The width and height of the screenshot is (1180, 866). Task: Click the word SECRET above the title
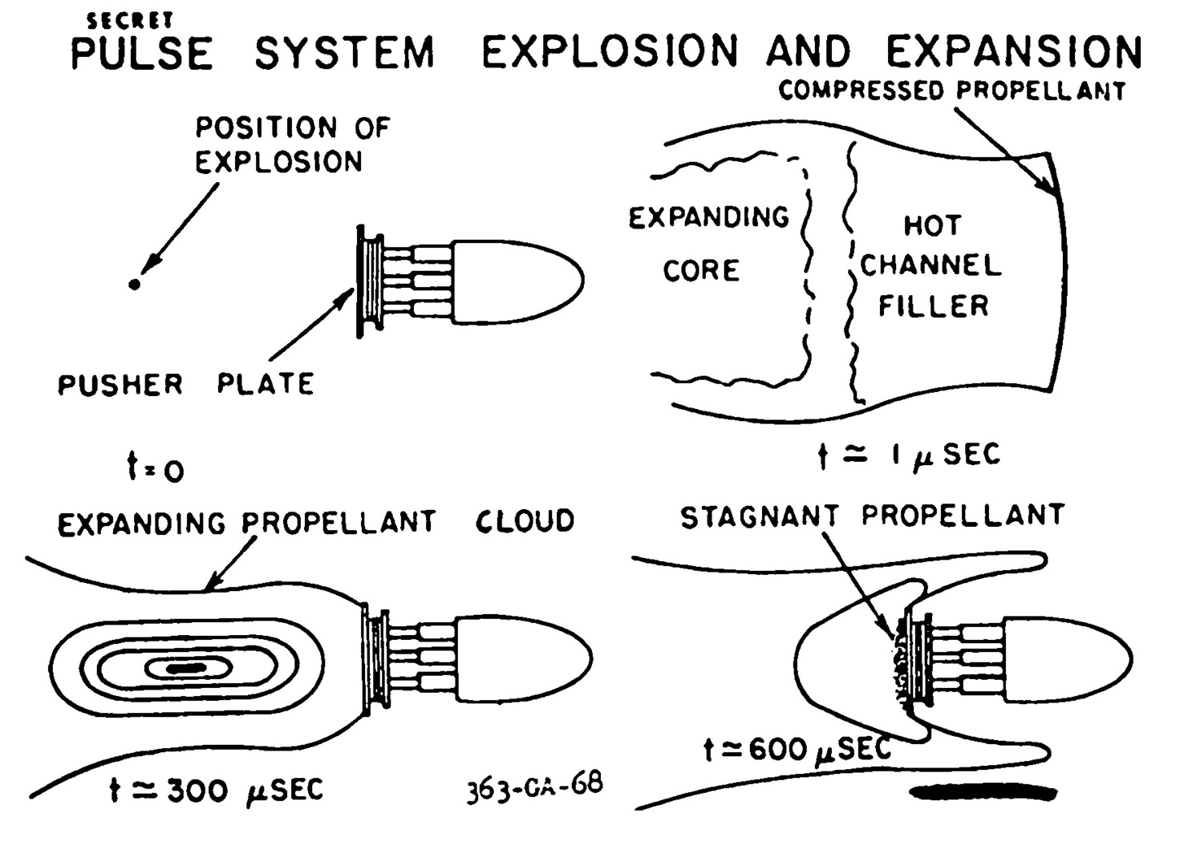click(129, 21)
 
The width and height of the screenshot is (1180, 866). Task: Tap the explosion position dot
click(135, 284)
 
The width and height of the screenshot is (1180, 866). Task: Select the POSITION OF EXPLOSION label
click(292, 145)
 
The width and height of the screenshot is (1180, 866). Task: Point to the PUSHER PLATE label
click(185, 385)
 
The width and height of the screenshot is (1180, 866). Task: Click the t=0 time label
click(156, 468)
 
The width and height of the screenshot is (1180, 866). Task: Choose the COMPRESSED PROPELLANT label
click(951, 91)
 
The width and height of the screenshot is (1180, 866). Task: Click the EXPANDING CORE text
click(708, 243)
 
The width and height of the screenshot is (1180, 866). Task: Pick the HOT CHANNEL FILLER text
click(932, 265)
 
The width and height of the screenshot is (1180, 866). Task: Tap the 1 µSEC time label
click(909, 455)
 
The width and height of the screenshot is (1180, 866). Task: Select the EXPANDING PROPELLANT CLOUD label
click(316, 523)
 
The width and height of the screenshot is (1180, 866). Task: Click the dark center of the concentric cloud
click(185, 667)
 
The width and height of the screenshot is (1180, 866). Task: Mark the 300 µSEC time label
click(216, 791)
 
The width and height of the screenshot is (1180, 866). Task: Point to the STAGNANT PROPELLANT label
click(872, 516)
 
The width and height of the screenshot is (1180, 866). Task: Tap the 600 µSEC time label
click(797, 750)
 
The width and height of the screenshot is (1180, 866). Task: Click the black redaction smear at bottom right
click(983, 792)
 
